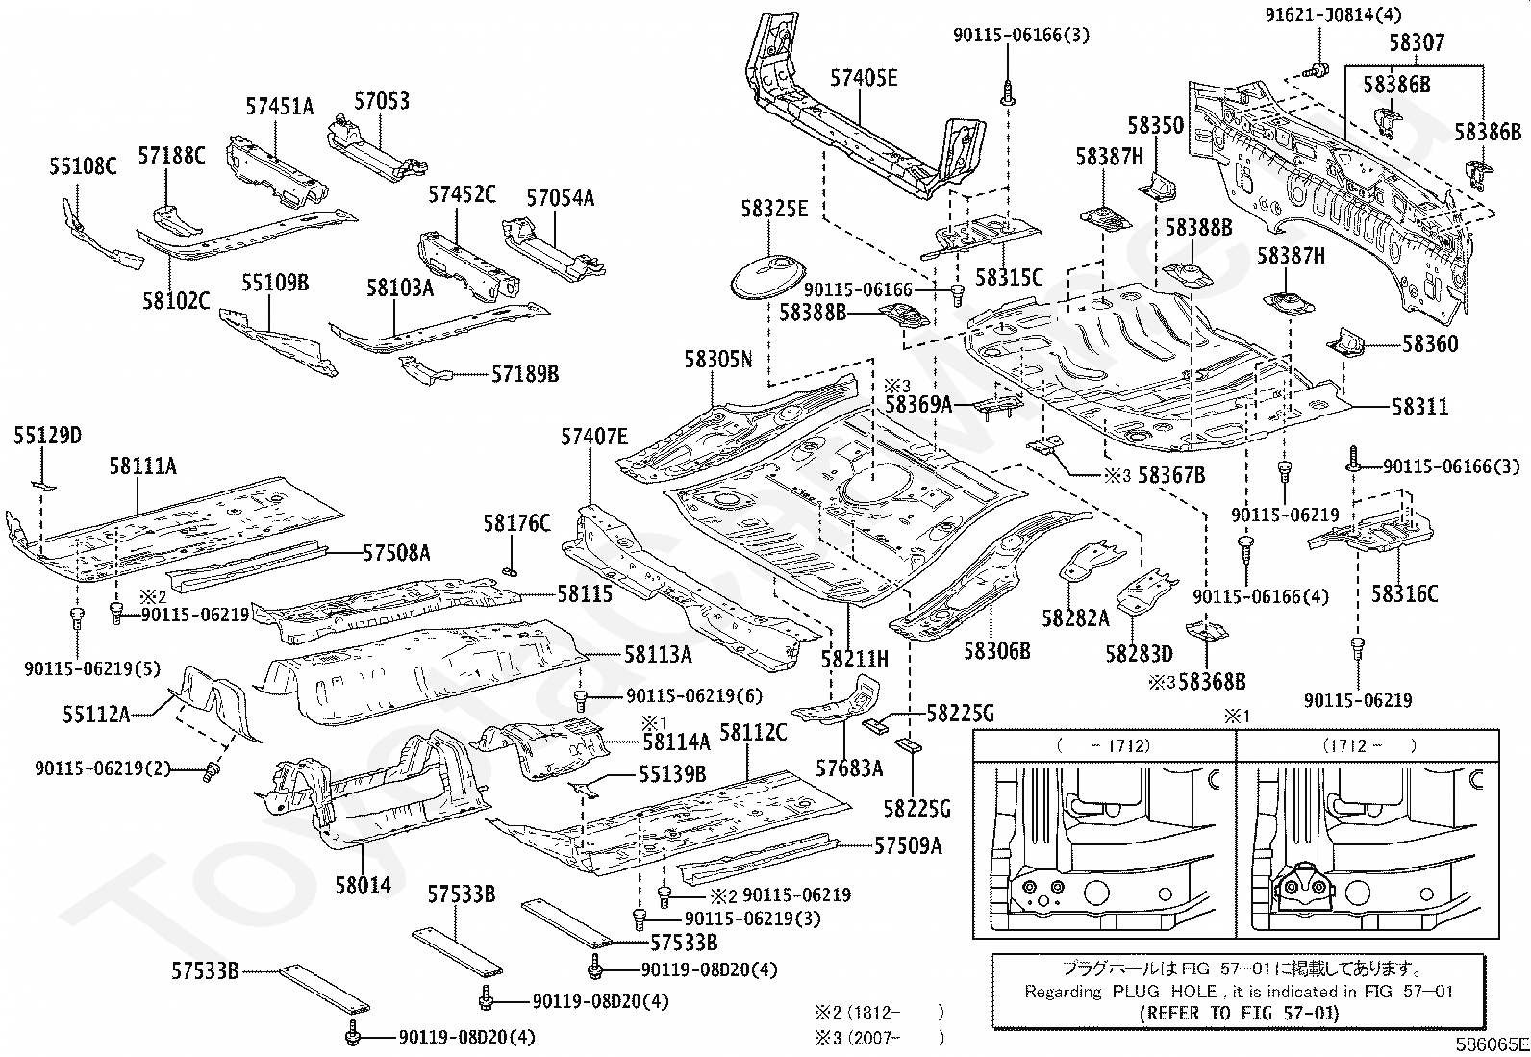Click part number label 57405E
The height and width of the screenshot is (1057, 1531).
(x=864, y=79)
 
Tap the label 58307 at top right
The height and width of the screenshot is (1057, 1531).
(x=1417, y=43)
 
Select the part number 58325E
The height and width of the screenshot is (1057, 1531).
(x=774, y=210)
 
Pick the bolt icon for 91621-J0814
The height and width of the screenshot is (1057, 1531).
(x=1317, y=69)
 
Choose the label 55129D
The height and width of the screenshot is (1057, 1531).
(x=47, y=436)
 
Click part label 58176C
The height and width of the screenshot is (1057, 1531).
(x=516, y=524)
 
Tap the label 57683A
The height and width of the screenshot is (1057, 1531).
(x=849, y=768)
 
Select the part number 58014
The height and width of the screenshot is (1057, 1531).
(x=363, y=886)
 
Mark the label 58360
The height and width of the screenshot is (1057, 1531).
(x=1430, y=344)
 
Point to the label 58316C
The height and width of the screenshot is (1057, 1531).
(x=1405, y=593)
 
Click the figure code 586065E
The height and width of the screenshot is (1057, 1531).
(x=1492, y=1044)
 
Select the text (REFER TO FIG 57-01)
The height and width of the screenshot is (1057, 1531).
(x=1239, y=1014)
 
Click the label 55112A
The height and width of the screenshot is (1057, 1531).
(x=96, y=716)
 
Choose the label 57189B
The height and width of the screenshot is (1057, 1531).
(x=525, y=374)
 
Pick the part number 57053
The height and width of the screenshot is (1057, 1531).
(x=382, y=101)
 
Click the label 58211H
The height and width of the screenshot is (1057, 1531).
(x=854, y=659)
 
